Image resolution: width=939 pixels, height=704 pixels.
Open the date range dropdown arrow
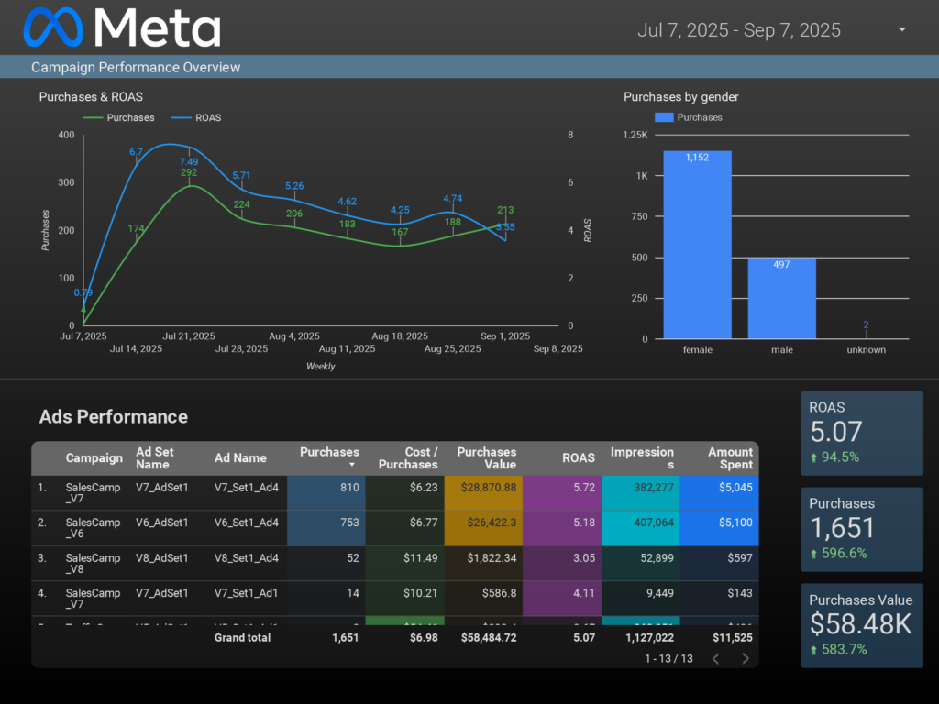click(x=902, y=29)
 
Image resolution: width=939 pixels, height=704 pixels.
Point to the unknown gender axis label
click(x=866, y=349)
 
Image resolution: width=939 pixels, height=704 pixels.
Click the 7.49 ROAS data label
click(x=189, y=162)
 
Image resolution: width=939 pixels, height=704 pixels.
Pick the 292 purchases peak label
click(x=189, y=172)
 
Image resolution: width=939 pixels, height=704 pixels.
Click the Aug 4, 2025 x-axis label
click(x=295, y=336)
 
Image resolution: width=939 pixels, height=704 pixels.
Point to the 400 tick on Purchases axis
click(x=66, y=135)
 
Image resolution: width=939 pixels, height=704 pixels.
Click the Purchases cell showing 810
click(x=349, y=488)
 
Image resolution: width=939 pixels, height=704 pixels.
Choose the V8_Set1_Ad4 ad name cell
click(x=246, y=557)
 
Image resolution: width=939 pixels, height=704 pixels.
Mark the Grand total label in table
click(x=242, y=637)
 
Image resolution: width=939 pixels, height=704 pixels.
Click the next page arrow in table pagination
click(x=746, y=658)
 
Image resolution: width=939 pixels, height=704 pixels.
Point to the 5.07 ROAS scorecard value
click(x=835, y=432)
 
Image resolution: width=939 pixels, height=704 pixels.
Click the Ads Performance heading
click(x=114, y=417)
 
